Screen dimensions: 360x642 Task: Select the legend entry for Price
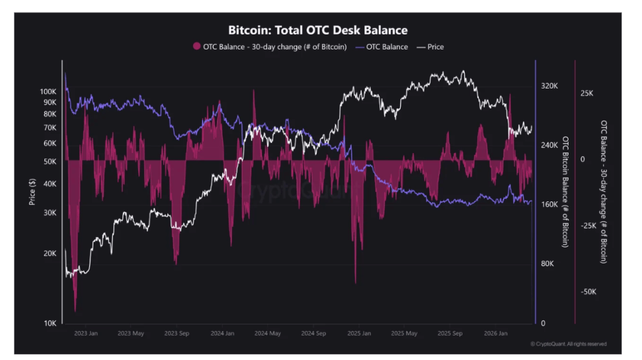click(x=435, y=47)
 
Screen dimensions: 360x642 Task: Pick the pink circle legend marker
click(x=196, y=47)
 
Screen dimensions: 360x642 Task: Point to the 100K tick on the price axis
click(x=48, y=92)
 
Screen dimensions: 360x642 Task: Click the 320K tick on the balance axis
click(x=549, y=86)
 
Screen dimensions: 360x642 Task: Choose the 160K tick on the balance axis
click(x=549, y=204)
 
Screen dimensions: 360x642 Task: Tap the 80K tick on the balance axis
click(x=547, y=264)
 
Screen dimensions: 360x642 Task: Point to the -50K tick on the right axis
click(x=588, y=292)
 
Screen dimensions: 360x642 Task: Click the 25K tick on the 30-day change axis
click(x=587, y=93)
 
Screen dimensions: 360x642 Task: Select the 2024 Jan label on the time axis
click(x=223, y=334)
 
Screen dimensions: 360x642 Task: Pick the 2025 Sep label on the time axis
click(x=450, y=334)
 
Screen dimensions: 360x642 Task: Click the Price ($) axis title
click(x=32, y=192)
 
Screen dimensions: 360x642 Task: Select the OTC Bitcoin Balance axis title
click(x=566, y=191)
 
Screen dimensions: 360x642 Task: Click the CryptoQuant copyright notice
click(x=568, y=344)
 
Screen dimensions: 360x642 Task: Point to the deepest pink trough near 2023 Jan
click(x=75, y=310)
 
